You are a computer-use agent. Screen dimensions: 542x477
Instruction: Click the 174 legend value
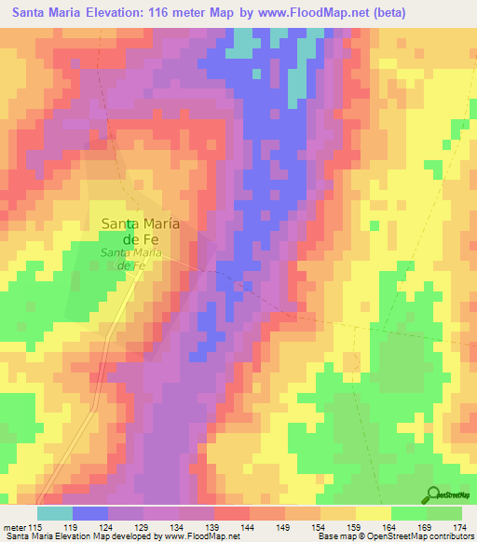pos(458,526)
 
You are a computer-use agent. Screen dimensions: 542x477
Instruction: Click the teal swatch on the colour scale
pos(55,513)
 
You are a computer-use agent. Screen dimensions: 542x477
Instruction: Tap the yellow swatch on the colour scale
pos(374,513)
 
